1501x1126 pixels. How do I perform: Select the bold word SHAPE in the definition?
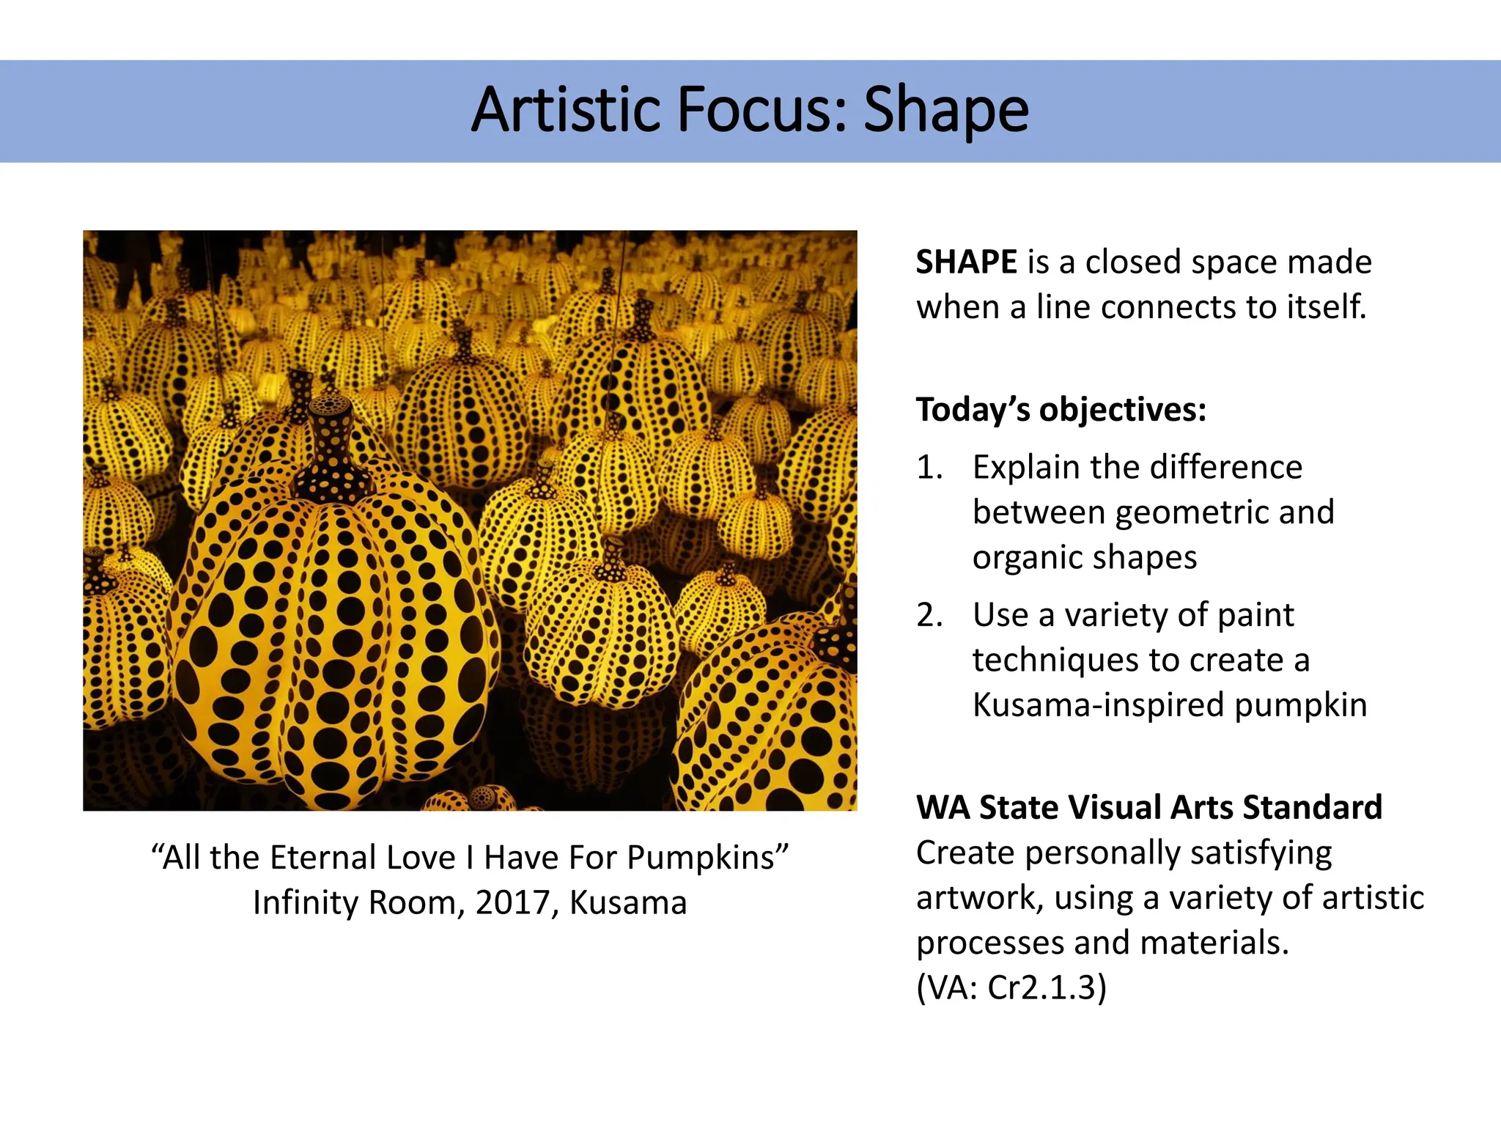point(966,262)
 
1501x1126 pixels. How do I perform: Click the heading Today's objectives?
point(1061,409)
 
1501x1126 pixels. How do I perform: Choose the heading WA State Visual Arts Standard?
point(1148,807)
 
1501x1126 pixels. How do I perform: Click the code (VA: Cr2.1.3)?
point(1011,987)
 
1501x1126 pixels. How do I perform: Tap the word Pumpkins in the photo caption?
point(707,857)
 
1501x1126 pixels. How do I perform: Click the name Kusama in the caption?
point(628,902)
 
